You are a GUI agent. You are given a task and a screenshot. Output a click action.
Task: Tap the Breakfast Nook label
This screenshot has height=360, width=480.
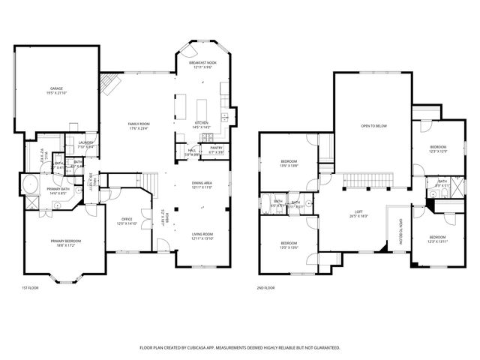tap(203, 65)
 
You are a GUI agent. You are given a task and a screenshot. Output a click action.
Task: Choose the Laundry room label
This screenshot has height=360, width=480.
tap(85, 143)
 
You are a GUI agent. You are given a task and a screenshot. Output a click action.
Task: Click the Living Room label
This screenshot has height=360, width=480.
tap(202, 236)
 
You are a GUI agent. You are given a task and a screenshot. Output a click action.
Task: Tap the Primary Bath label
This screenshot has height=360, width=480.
tap(58, 190)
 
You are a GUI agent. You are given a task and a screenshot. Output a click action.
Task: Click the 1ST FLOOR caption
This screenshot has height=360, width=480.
tap(29, 287)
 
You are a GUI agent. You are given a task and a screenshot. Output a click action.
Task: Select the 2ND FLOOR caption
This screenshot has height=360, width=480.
tap(265, 287)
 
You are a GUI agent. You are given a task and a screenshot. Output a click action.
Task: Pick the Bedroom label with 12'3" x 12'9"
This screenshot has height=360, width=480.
tap(438, 148)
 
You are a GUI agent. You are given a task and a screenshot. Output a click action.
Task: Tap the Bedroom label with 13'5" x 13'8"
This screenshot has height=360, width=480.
tap(289, 163)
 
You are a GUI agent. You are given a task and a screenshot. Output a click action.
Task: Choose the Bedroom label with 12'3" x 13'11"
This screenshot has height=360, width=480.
tap(437, 238)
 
